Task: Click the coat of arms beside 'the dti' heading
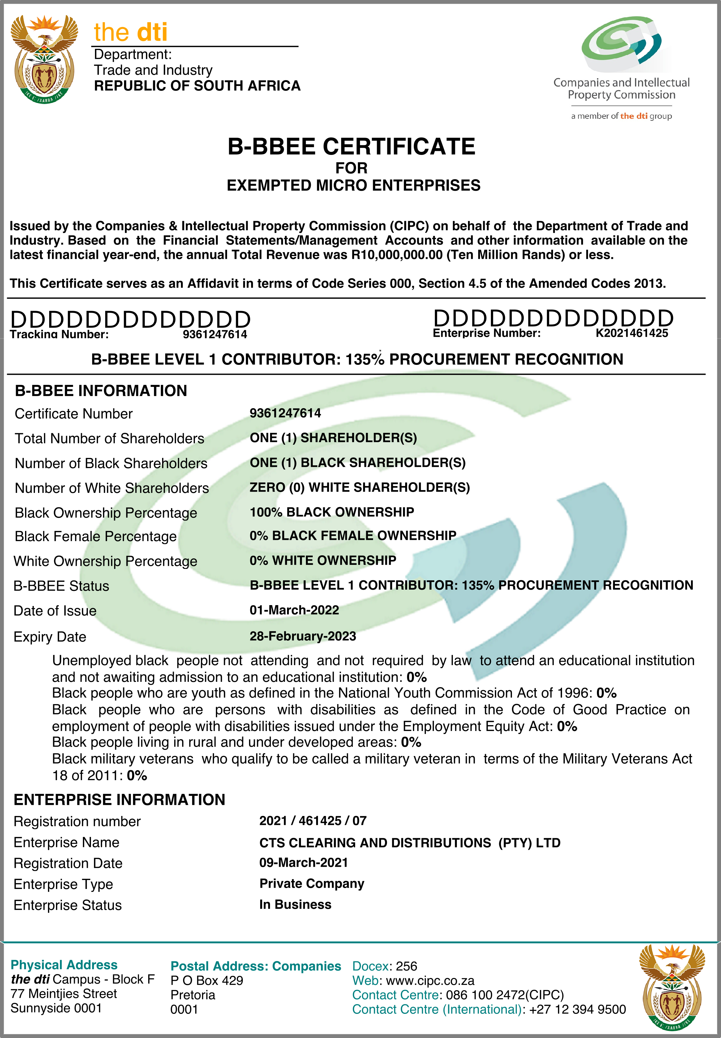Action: click(44, 59)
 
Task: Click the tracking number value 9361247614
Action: click(215, 335)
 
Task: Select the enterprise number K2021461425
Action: click(632, 333)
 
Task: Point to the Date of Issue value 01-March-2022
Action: click(294, 610)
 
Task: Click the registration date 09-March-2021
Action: click(303, 862)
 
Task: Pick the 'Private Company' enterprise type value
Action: click(312, 884)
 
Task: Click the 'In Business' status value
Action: click(295, 904)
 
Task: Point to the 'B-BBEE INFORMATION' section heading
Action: click(101, 391)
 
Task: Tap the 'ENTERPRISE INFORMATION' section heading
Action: click(119, 800)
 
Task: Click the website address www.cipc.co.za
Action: click(430, 981)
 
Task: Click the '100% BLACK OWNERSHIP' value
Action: click(332, 512)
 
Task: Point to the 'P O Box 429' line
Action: click(206, 981)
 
